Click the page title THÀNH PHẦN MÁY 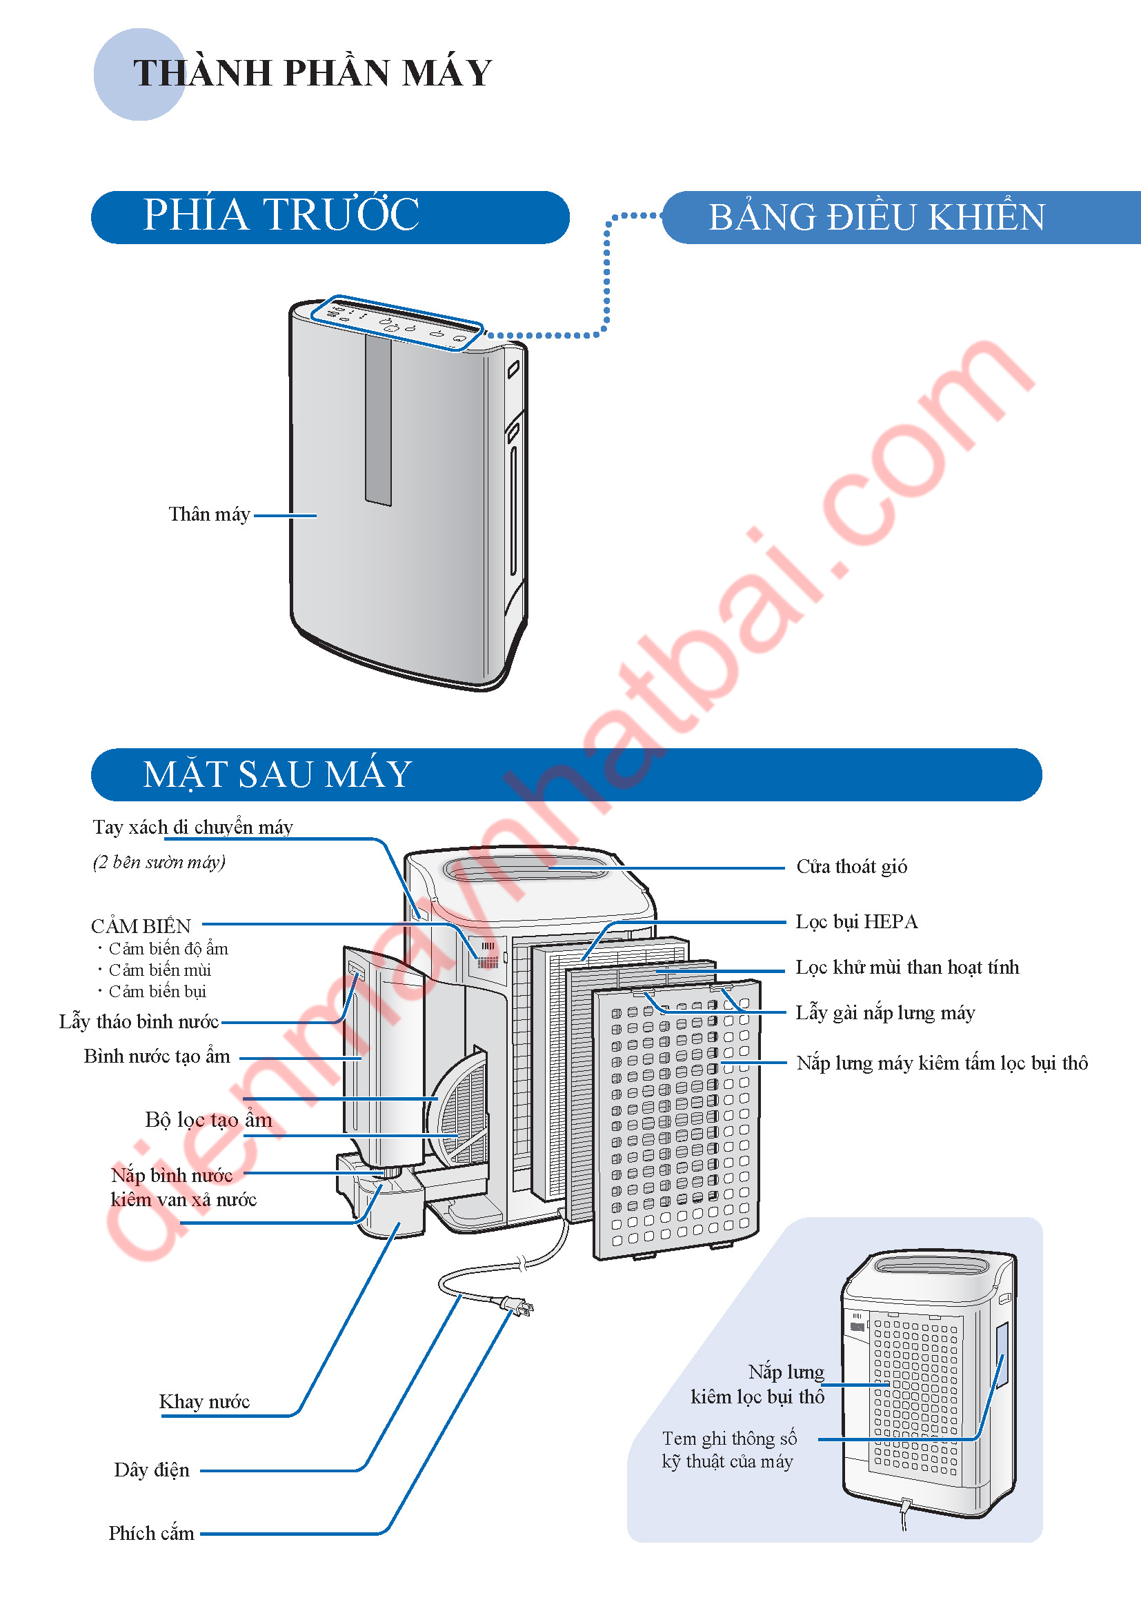[x=312, y=73]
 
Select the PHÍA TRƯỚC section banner [x=281, y=215]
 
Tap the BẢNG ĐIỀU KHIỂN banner [x=876, y=217]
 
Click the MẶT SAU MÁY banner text [x=277, y=774]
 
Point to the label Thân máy [x=210, y=514]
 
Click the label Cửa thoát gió [x=851, y=866]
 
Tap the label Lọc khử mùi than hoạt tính [x=906, y=967]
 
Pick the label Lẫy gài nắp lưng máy [x=884, y=1012]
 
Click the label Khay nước [x=204, y=1401]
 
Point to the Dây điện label [x=152, y=1470]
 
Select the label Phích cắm [x=151, y=1533]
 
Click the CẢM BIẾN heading [x=141, y=926]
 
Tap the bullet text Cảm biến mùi [x=159, y=970]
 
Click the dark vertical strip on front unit [x=378, y=419]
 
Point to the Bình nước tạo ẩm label [x=157, y=1056]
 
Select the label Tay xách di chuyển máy [x=192, y=827]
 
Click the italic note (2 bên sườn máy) [x=159, y=862]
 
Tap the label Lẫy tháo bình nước [x=139, y=1021]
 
